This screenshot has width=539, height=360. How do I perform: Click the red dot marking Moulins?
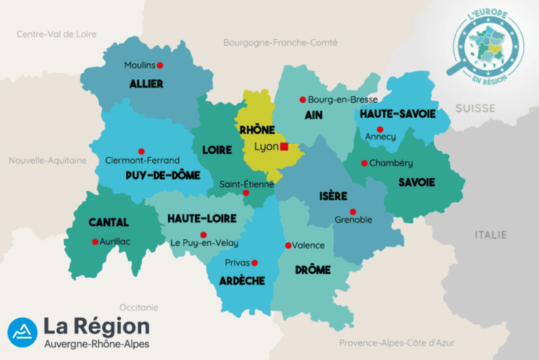pyautogui.click(x=159, y=65)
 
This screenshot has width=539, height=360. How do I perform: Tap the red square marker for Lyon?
pyautogui.click(x=284, y=147)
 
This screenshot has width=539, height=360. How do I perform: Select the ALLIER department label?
pyautogui.click(x=146, y=84)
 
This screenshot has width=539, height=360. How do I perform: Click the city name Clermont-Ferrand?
pyautogui.click(x=142, y=160)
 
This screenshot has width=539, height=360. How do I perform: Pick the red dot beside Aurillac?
pyautogui.click(x=95, y=241)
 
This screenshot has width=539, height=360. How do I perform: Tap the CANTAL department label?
pyautogui.click(x=109, y=222)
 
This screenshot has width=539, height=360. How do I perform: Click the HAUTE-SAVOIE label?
pyautogui.click(x=398, y=114)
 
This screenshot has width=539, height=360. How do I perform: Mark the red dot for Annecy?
pyautogui.click(x=380, y=129)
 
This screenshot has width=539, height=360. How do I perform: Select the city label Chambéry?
pyautogui.click(x=392, y=163)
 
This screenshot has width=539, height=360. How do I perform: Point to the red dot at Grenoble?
pyautogui.click(x=353, y=211)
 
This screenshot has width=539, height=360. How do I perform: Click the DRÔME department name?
pyautogui.click(x=312, y=269)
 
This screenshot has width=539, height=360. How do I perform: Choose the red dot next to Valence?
pyautogui.click(x=288, y=245)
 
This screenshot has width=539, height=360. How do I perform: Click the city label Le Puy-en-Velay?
pyautogui.click(x=205, y=244)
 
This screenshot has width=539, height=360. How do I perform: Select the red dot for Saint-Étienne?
pyautogui.click(x=246, y=192)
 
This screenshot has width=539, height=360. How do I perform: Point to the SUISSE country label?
pyautogui.click(x=474, y=108)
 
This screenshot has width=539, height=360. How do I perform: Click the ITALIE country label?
pyautogui.click(x=491, y=234)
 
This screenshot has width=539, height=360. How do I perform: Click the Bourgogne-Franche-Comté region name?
pyautogui.click(x=275, y=43)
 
